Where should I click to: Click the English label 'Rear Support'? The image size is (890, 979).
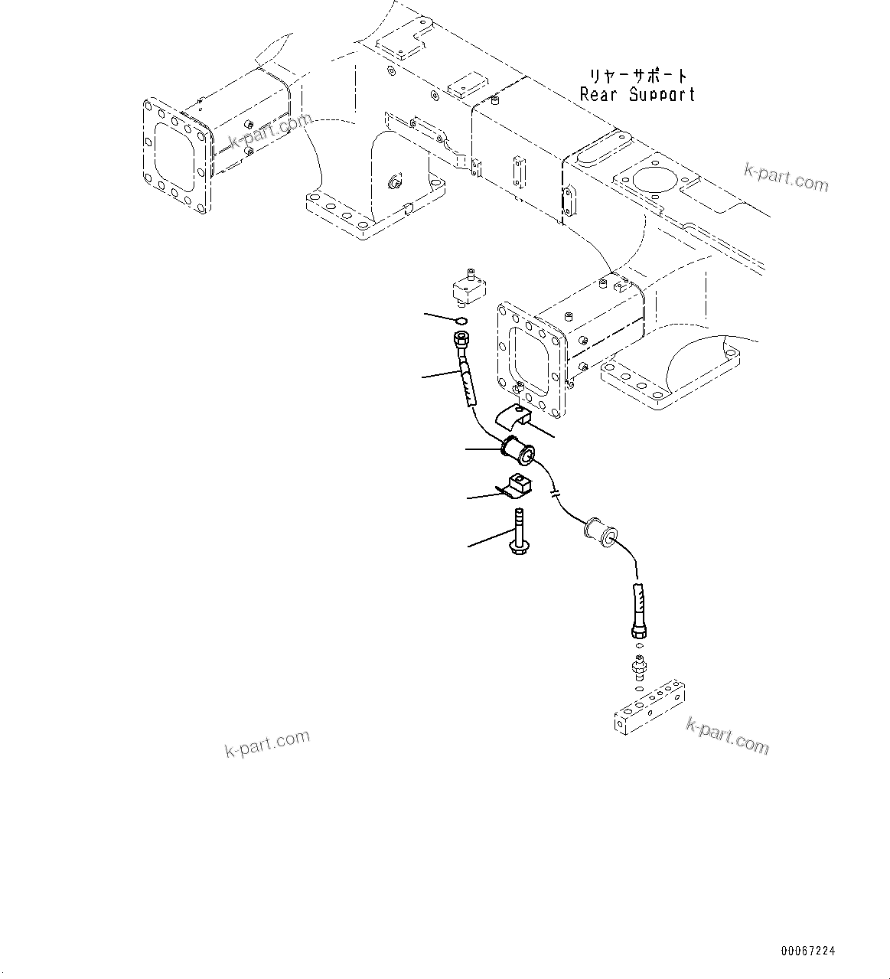click(637, 95)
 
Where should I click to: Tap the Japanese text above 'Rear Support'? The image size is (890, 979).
click(637, 76)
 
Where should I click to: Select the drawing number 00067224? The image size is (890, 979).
click(807, 951)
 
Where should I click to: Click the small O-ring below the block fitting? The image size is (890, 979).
click(460, 320)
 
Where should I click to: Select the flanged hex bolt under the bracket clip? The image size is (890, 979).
click(519, 533)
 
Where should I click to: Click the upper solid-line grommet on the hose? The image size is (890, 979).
click(520, 451)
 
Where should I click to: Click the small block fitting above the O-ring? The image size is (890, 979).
click(467, 289)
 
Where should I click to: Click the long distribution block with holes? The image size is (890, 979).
click(649, 710)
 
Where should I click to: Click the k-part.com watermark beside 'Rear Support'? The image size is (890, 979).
click(785, 178)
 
